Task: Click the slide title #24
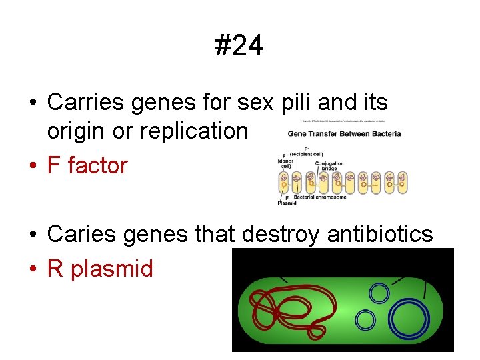coord(239,46)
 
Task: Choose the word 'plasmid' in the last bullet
coord(112,269)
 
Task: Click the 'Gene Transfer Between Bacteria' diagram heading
coord(344,133)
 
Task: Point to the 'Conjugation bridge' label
coord(330,165)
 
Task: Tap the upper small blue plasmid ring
coord(379,293)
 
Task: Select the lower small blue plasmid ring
coord(365,320)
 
